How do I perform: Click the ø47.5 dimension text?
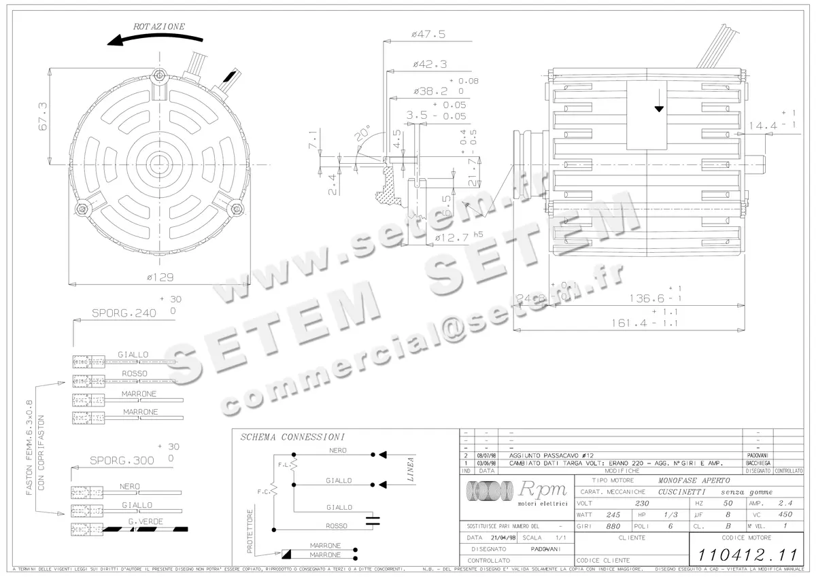[428, 34]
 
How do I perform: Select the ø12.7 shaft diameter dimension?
[452, 237]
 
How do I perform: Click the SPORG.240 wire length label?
[124, 314]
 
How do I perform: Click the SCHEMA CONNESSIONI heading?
[292, 437]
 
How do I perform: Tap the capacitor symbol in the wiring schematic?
[373, 521]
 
